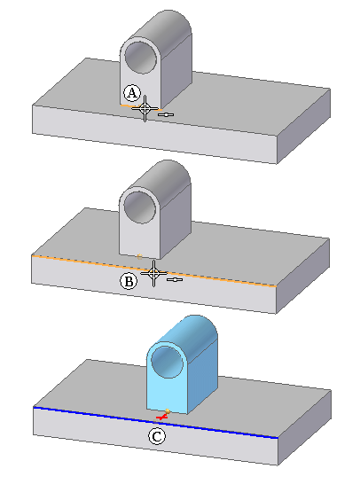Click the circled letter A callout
[132, 93]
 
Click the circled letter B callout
[129, 282]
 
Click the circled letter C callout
[157, 436]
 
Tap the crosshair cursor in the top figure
[145, 108]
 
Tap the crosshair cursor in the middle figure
[153, 273]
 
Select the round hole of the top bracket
[141, 58]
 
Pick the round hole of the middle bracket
[140, 207]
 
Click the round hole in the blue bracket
[167, 363]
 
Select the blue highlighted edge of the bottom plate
[155, 422]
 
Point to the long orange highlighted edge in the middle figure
[153, 270]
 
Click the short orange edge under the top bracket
[140, 107]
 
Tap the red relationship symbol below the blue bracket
[161, 417]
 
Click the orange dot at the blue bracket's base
[168, 411]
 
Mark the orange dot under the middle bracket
[139, 256]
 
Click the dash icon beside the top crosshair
[166, 114]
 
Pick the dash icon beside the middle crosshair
[175, 279]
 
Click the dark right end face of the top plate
[303, 126]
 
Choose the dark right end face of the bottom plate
[304, 427]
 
